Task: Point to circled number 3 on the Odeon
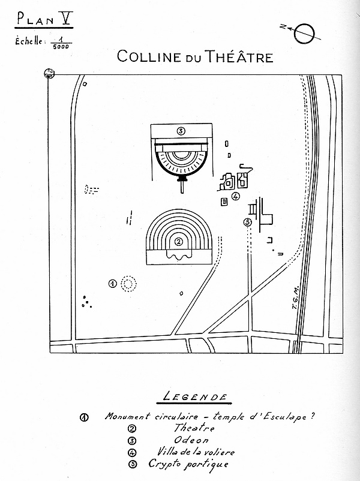[180, 131]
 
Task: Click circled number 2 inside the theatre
[179, 242]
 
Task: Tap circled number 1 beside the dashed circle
[112, 283]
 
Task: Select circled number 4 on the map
[236, 196]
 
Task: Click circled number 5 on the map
[247, 223]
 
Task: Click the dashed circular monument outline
[128, 284]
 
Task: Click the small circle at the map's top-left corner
[49, 74]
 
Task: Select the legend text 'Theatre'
[194, 428]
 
